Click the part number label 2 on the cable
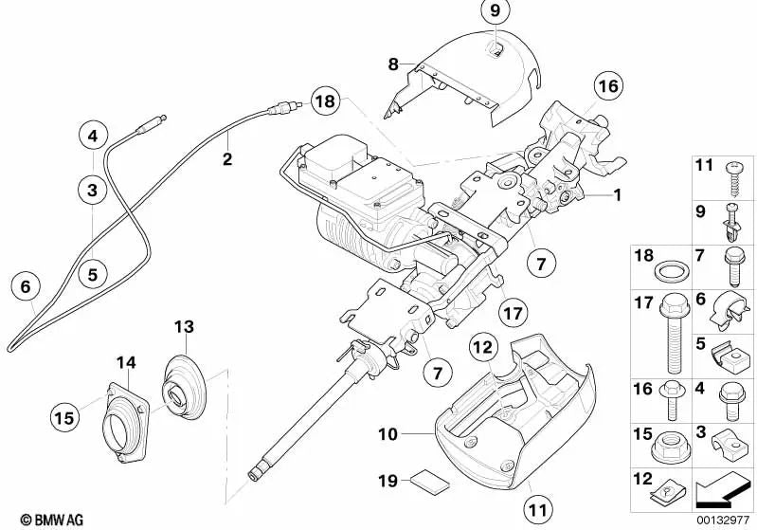coord(227,159)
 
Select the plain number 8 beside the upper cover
coord(393,64)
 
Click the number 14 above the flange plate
coord(126,361)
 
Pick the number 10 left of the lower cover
coord(386,436)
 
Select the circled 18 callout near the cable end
coord(324,101)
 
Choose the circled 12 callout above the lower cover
coord(483,349)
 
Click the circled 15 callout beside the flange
coord(65,415)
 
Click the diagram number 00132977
coord(725,519)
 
